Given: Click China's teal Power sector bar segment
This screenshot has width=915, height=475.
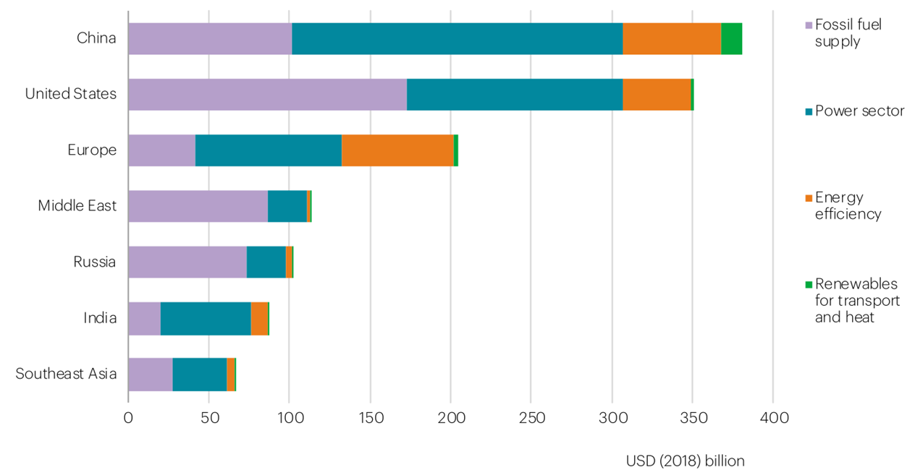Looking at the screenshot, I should [x=457, y=38].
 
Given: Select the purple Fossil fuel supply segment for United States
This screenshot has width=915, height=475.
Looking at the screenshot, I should [x=267, y=94].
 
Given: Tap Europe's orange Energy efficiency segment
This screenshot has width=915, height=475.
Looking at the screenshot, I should [x=397, y=150].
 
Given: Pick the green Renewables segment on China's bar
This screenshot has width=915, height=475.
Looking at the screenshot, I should [x=731, y=38].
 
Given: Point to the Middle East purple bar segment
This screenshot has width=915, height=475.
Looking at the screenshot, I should [x=198, y=206].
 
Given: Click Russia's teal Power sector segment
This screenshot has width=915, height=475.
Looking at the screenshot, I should [x=266, y=262].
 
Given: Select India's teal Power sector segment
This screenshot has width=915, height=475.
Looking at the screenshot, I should [x=206, y=318].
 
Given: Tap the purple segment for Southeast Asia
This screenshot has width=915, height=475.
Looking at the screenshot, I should [x=150, y=374].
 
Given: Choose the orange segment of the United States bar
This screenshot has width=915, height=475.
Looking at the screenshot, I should [x=657, y=94].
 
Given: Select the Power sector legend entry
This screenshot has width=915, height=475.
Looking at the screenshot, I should [x=859, y=111].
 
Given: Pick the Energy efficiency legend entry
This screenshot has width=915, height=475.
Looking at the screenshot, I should [x=847, y=205].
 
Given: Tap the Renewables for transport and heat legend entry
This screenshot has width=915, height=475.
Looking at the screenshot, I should [x=856, y=300].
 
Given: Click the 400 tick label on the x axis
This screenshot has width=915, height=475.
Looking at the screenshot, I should [x=772, y=418].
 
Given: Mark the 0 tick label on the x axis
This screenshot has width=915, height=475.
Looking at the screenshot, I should [x=128, y=418].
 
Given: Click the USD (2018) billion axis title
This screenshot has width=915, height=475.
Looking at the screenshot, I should [x=685, y=461].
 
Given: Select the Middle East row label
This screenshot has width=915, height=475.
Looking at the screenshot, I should [x=77, y=206].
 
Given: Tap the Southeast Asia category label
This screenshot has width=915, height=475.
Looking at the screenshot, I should [x=66, y=374].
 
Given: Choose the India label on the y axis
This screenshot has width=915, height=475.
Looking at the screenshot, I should [x=99, y=318].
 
